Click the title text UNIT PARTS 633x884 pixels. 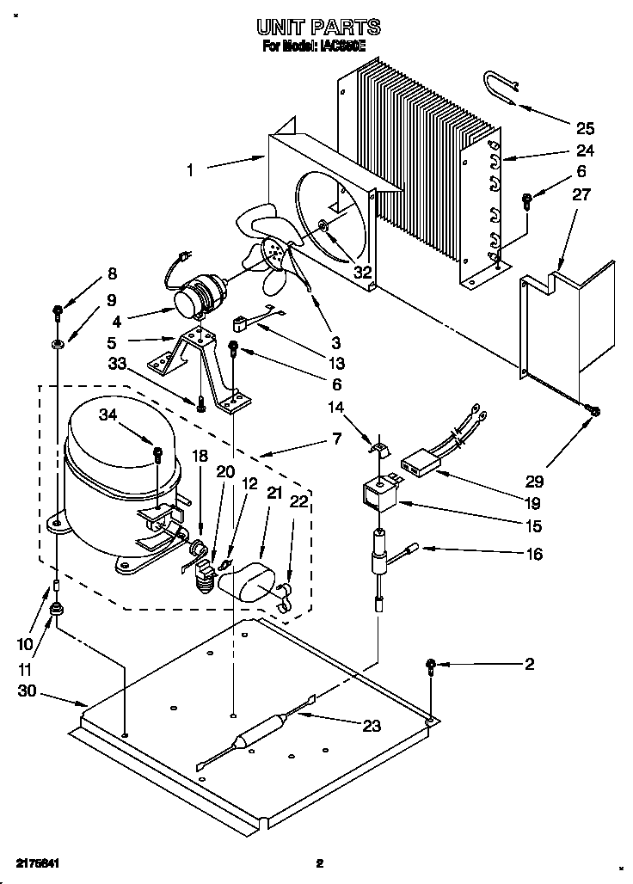[x=317, y=28]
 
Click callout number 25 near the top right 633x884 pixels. [x=585, y=129]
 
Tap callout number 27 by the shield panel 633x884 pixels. [x=581, y=195]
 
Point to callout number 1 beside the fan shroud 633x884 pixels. [x=189, y=169]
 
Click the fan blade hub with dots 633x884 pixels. [x=274, y=250]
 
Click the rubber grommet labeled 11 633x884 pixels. [x=58, y=611]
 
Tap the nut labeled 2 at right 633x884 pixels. [x=432, y=664]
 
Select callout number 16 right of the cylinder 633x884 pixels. [x=534, y=555]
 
